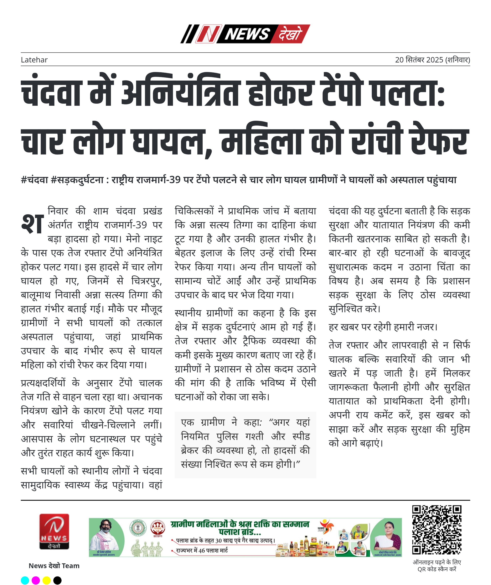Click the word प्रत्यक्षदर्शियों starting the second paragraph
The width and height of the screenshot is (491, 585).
coord(43,383)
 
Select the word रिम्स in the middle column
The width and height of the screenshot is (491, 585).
coord(307,253)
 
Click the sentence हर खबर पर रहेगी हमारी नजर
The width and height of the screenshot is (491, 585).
coord(383,327)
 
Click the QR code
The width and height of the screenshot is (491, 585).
coord(437,530)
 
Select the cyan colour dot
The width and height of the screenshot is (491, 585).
coord(25,580)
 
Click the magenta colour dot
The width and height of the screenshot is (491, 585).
coord(36,580)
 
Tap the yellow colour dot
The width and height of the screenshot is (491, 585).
coord(46,580)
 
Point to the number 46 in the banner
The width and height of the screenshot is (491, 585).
coord(202,550)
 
